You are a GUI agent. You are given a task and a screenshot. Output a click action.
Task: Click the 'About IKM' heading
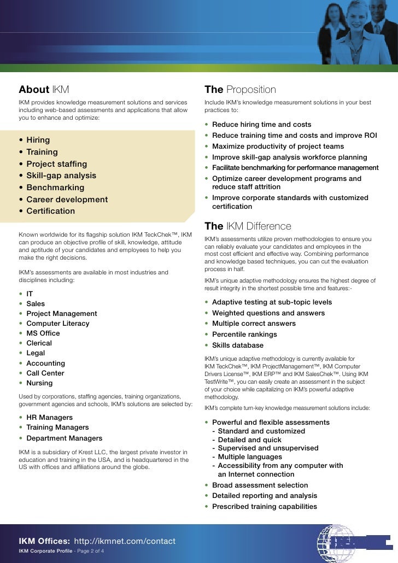click(x=44, y=90)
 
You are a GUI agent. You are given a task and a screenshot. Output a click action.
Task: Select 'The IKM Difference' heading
click(x=248, y=226)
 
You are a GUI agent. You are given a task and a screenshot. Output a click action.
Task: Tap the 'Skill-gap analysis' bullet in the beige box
click(x=61, y=176)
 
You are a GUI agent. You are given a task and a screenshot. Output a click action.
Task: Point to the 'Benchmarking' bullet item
click(x=55, y=187)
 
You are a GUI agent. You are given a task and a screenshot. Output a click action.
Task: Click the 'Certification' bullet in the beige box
click(x=51, y=211)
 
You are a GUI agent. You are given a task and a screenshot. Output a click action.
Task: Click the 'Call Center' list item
click(x=45, y=373)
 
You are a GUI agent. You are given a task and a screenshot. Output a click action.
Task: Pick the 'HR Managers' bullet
click(x=50, y=418)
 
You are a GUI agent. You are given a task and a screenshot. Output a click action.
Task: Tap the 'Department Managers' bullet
click(x=65, y=438)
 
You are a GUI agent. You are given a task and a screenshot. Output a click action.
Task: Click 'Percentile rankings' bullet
click(x=244, y=335)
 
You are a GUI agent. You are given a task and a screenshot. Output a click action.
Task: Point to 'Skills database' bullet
click(x=238, y=345)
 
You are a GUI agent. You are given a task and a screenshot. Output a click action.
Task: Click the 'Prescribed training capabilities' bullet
click(x=264, y=507)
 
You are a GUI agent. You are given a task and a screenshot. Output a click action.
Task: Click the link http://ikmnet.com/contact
click(x=125, y=541)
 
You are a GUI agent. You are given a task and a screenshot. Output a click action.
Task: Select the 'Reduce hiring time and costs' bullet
click(x=261, y=125)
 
